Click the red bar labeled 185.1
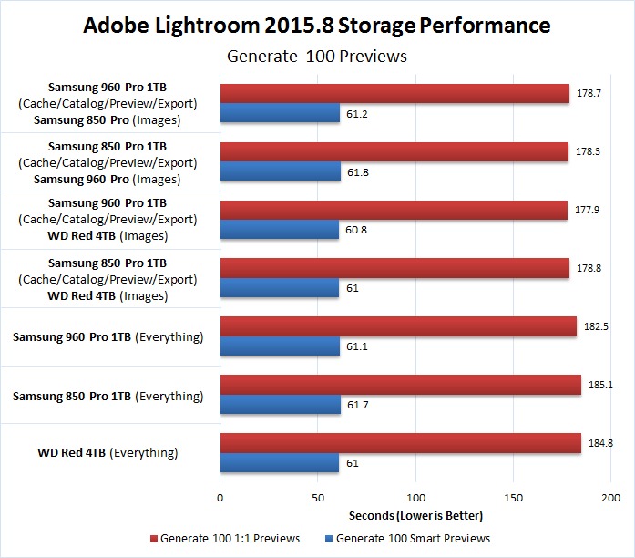400,385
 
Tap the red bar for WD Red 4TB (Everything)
400,443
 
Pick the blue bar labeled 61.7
280,404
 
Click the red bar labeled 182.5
398,327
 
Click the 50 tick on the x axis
318,499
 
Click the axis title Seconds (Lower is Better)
415,515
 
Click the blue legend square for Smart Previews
328,538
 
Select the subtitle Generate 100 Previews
316,57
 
